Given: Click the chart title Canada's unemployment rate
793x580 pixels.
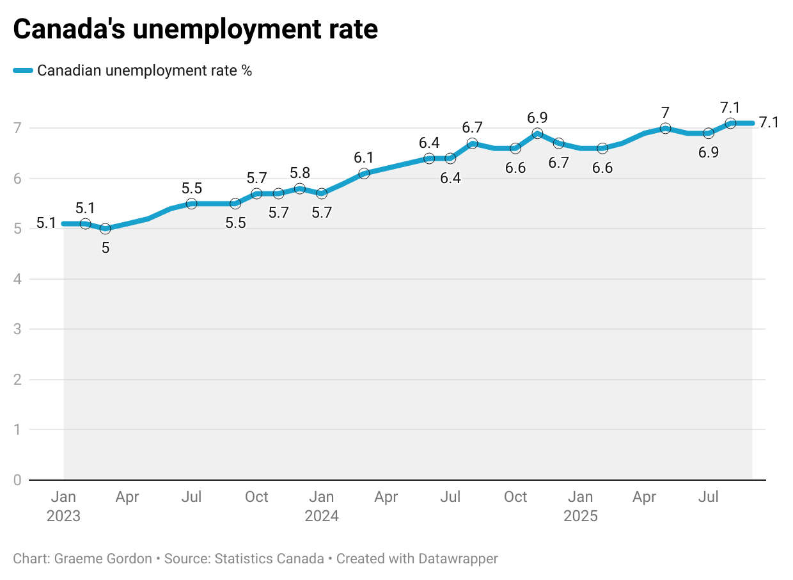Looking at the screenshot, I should pos(195,29).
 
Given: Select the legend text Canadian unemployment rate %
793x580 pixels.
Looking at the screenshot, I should pos(145,70).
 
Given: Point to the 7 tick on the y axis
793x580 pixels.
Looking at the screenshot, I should pos(18,128).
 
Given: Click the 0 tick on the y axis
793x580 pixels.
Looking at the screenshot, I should pos(18,480).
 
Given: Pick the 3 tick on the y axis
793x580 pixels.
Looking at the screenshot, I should pos(18,329).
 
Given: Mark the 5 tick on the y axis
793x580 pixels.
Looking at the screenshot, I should pos(18,229).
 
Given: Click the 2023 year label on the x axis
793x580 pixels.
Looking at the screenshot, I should pos(63,516).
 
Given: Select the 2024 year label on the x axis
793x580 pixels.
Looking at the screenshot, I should pos(322,516).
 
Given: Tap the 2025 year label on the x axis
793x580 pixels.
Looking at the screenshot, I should pos(581,516).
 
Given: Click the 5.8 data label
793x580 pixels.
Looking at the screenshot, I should pos(300,173).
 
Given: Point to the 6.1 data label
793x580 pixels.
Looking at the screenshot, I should pos(365,157).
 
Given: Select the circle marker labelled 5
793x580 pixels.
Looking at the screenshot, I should pos(106,229).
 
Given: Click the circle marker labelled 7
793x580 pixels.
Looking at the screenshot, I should pos(665,128).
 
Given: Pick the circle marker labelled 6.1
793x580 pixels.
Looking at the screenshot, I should pos(364,173).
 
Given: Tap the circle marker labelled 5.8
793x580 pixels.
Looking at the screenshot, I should pos(299,188).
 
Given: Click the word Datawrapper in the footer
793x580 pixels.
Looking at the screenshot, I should pos(458,559).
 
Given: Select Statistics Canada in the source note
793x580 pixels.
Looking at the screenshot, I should pos(269,559).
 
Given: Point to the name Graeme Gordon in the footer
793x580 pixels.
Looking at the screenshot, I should pos(103,559).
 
